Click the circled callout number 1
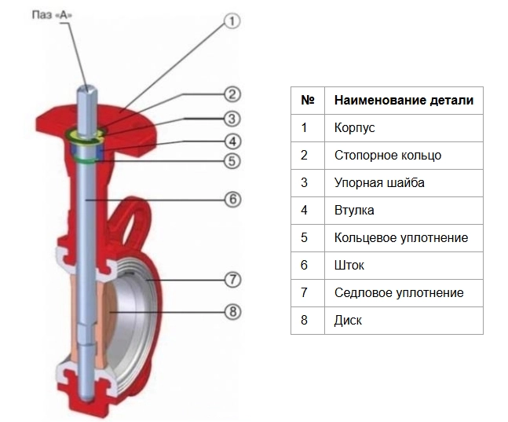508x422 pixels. pyautogui.click(x=232, y=22)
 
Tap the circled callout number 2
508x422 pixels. pyautogui.click(x=232, y=95)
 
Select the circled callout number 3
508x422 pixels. pyautogui.click(x=232, y=119)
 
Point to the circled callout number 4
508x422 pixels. pyautogui.click(x=232, y=141)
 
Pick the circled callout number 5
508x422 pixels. pyautogui.click(x=232, y=161)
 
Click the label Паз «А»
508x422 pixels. pyautogui.click(x=52, y=15)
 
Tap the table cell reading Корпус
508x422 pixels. pyautogui.click(x=404, y=128)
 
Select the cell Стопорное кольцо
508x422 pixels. pyautogui.click(x=404, y=156)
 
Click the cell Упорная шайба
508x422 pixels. pyautogui.click(x=404, y=183)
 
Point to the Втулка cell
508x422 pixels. pyautogui.click(x=404, y=211)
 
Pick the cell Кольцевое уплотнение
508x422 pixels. pyautogui.click(x=404, y=238)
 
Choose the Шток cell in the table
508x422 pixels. pyautogui.click(x=404, y=266)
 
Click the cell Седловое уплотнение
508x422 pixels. pyautogui.click(x=404, y=293)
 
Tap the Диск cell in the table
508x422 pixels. pyautogui.click(x=404, y=321)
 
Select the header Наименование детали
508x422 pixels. pyautogui.click(x=404, y=101)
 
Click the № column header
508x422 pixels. pyautogui.click(x=308, y=101)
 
